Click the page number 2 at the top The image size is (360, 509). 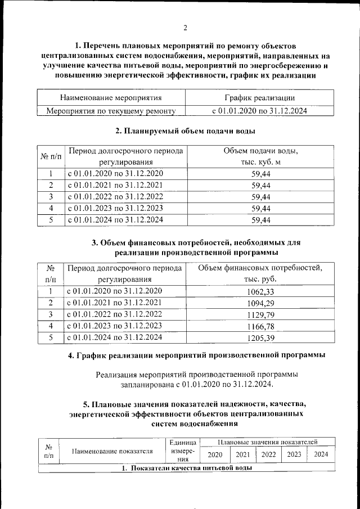point(184,28)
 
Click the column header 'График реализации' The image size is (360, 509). point(259,98)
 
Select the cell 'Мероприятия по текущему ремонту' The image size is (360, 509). point(111,111)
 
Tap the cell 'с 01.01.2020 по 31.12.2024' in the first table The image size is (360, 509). point(259,111)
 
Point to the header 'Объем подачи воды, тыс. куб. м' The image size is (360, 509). point(260,157)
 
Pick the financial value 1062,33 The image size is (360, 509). point(261,291)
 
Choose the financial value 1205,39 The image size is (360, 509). point(261,337)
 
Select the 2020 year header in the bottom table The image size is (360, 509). point(214,455)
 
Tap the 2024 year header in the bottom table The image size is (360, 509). point(321,455)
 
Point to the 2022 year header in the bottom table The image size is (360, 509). point(268,455)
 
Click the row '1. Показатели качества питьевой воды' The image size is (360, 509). point(186,468)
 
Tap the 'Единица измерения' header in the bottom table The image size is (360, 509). point(182,451)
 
